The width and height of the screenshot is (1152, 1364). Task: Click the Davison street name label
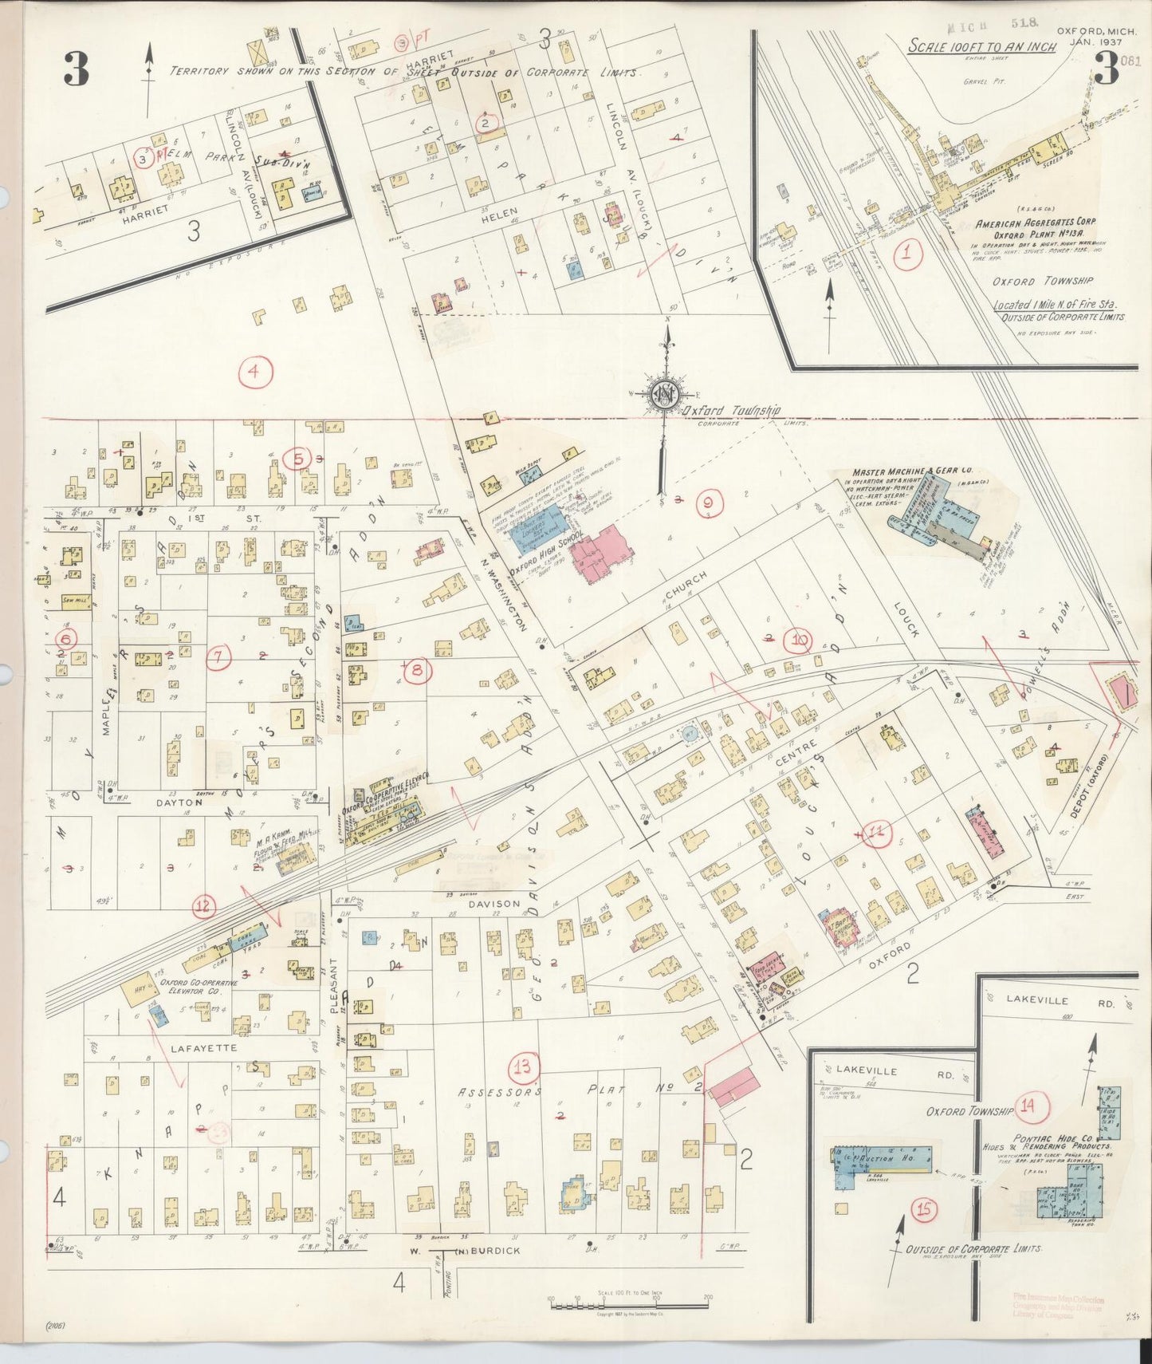(x=493, y=904)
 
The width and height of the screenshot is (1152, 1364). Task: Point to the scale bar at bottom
(x=630, y=1303)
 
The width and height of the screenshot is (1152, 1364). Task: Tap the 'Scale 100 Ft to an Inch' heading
(x=982, y=46)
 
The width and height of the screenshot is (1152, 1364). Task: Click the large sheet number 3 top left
(x=77, y=72)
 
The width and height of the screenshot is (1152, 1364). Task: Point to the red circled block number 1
(x=907, y=255)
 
